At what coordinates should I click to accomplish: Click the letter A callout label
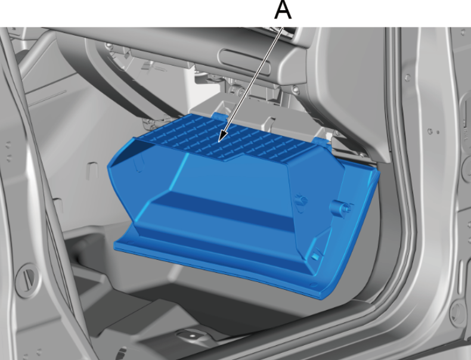(283, 10)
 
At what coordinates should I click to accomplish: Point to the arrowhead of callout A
(222, 136)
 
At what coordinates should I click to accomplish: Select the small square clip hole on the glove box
(315, 256)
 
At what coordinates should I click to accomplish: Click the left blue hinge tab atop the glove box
(219, 116)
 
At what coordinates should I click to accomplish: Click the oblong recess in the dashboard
(244, 63)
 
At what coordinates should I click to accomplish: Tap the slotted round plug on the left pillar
(27, 276)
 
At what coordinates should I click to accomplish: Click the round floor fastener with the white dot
(192, 336)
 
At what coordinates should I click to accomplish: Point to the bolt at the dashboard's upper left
(109, 46)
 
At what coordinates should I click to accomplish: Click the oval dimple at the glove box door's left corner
(129, 242)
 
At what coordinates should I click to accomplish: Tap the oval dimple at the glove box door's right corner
(314, 285)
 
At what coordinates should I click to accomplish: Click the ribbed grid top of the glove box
(228, 138)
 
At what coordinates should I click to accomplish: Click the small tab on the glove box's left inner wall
(138, 164)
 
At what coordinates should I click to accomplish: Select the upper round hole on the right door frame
(408, 77)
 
